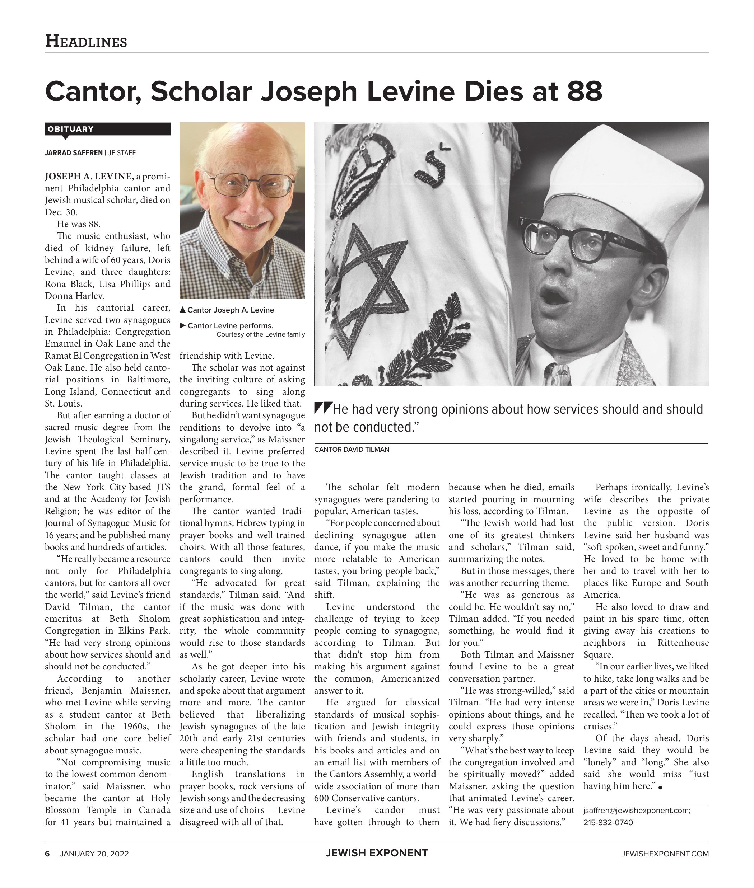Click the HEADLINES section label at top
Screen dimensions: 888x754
coord(86,41)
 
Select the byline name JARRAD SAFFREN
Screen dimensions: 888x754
coord(74,153)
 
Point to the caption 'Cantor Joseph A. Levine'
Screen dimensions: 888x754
coord(231,310)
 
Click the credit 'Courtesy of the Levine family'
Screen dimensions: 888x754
coord(260,334)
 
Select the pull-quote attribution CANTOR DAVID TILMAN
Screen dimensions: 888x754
coord(352,449)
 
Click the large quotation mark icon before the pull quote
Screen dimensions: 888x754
coord(323,408)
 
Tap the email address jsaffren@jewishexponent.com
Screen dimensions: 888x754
coord(637,810)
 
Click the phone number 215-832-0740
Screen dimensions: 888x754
coord(608,822)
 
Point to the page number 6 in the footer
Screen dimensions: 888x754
coord(47,854)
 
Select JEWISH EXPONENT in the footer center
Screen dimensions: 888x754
coord(377,853)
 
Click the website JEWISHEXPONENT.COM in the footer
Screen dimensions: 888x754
coord(665,854)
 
